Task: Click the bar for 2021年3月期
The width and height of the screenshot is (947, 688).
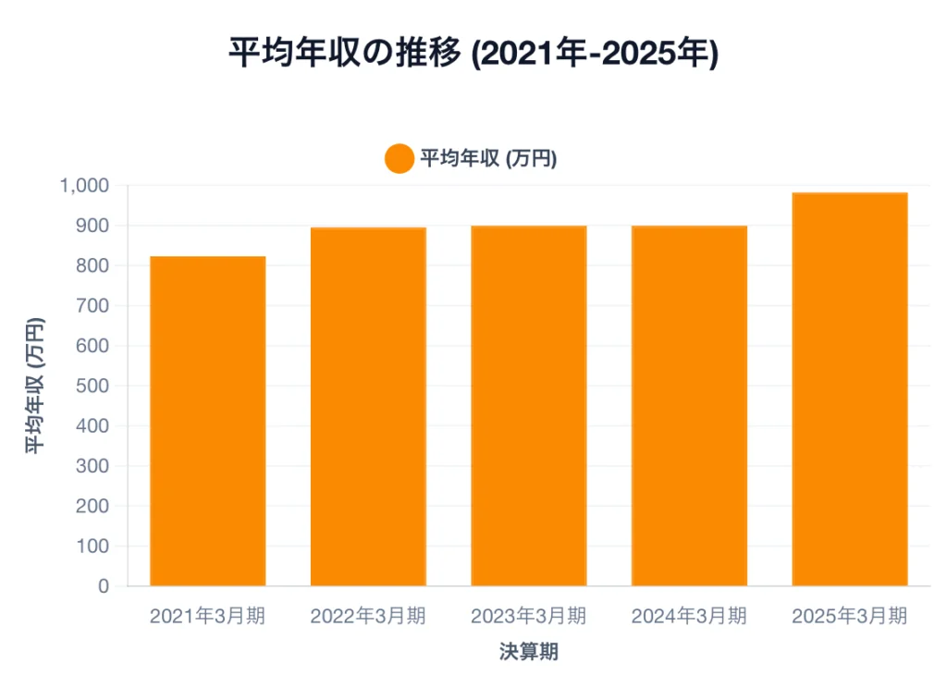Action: click(x=208, y=421)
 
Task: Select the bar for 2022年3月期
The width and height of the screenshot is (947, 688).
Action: click(x=368, y=407)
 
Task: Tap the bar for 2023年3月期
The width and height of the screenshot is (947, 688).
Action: click(x=529, y=406)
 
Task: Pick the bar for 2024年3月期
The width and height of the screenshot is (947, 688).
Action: click(x=689, y=406)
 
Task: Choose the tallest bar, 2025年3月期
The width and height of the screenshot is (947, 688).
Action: click(x=850, y=389)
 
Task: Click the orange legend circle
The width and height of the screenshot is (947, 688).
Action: click(x=399, y=159)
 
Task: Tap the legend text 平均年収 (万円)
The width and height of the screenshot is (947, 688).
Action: click(x=488, y=159)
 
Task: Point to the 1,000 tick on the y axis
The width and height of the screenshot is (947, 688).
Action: click(x=84, y=186)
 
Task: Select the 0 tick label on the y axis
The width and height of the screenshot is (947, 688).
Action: click(x=104, y=586)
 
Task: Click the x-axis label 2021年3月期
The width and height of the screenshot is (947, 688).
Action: click(x=208, y=616)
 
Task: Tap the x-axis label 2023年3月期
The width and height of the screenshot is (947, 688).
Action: click(x=529, y=616)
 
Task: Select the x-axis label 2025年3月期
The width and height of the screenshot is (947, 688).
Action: click(x=850, y=616)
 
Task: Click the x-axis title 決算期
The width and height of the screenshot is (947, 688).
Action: click(x=529, y=652)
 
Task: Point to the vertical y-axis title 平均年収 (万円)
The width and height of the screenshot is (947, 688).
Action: click(x=33, y=386)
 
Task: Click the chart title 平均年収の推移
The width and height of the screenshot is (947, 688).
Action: click(x=344, y=53)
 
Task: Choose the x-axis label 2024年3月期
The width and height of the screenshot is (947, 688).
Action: click(x=689, y=616)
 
